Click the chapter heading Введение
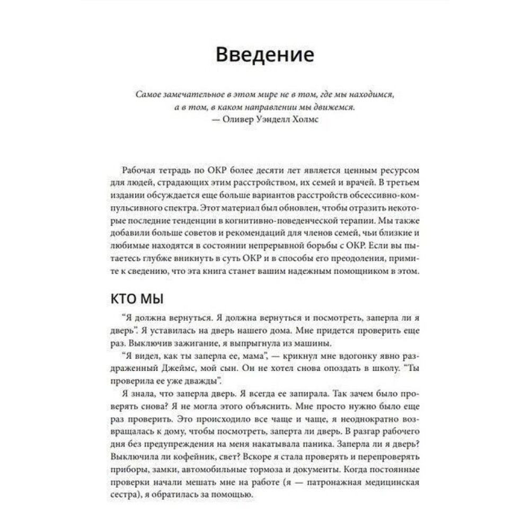(x=265, y=56)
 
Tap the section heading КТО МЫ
(x=137, y=299)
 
